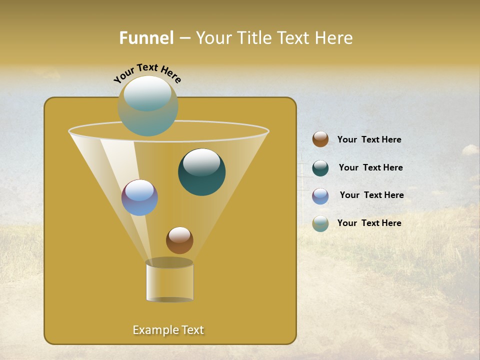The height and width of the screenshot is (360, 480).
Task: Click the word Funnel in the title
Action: click(146, 37)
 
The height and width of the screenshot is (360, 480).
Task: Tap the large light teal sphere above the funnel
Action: click(148, 106)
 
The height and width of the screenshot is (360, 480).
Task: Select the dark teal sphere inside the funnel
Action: click(202, 172)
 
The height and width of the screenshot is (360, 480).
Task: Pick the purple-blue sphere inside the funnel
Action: click(139, 198)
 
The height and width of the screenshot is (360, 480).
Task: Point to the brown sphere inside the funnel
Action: click(179, 240)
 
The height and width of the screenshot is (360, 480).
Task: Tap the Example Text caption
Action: click(168, 330)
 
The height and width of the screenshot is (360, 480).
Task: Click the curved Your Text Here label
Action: click(147, 73)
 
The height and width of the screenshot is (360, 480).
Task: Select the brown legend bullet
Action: click(320, 139)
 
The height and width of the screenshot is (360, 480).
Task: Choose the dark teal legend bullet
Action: click(320, 168)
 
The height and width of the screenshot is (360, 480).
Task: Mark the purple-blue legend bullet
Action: click(320, 196)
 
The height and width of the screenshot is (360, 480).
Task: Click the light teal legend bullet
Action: click(320, 223)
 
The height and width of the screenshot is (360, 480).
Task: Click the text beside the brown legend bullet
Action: click(369, 140)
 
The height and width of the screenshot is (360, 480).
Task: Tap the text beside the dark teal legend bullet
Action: click(370, 168)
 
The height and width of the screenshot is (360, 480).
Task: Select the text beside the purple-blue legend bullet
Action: click(371, 195)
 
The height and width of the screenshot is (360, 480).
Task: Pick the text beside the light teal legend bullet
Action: click(369, 223)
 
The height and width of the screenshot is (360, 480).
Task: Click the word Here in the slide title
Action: click(334, 37)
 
